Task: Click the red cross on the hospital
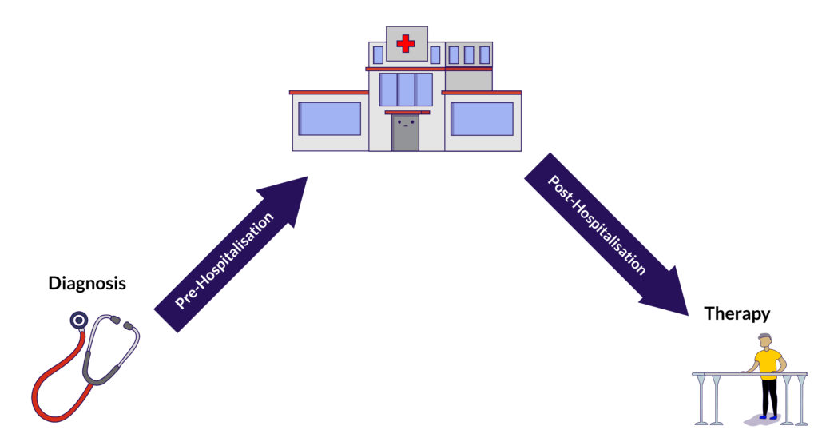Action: coord(406,44)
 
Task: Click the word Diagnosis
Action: coord(87,283)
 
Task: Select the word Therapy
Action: coord(737,313)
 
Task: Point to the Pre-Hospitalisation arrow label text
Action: coord(224,260)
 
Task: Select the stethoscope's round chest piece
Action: coord(77,321)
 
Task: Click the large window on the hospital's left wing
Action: coord(329,118)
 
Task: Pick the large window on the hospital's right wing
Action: coord(482,118)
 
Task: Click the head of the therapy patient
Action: coord(765,340)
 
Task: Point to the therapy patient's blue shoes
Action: coord(768,416)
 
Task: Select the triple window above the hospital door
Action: coord(405,90)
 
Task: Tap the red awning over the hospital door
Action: coord(407,113)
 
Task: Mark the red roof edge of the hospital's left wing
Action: coord(328,93)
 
